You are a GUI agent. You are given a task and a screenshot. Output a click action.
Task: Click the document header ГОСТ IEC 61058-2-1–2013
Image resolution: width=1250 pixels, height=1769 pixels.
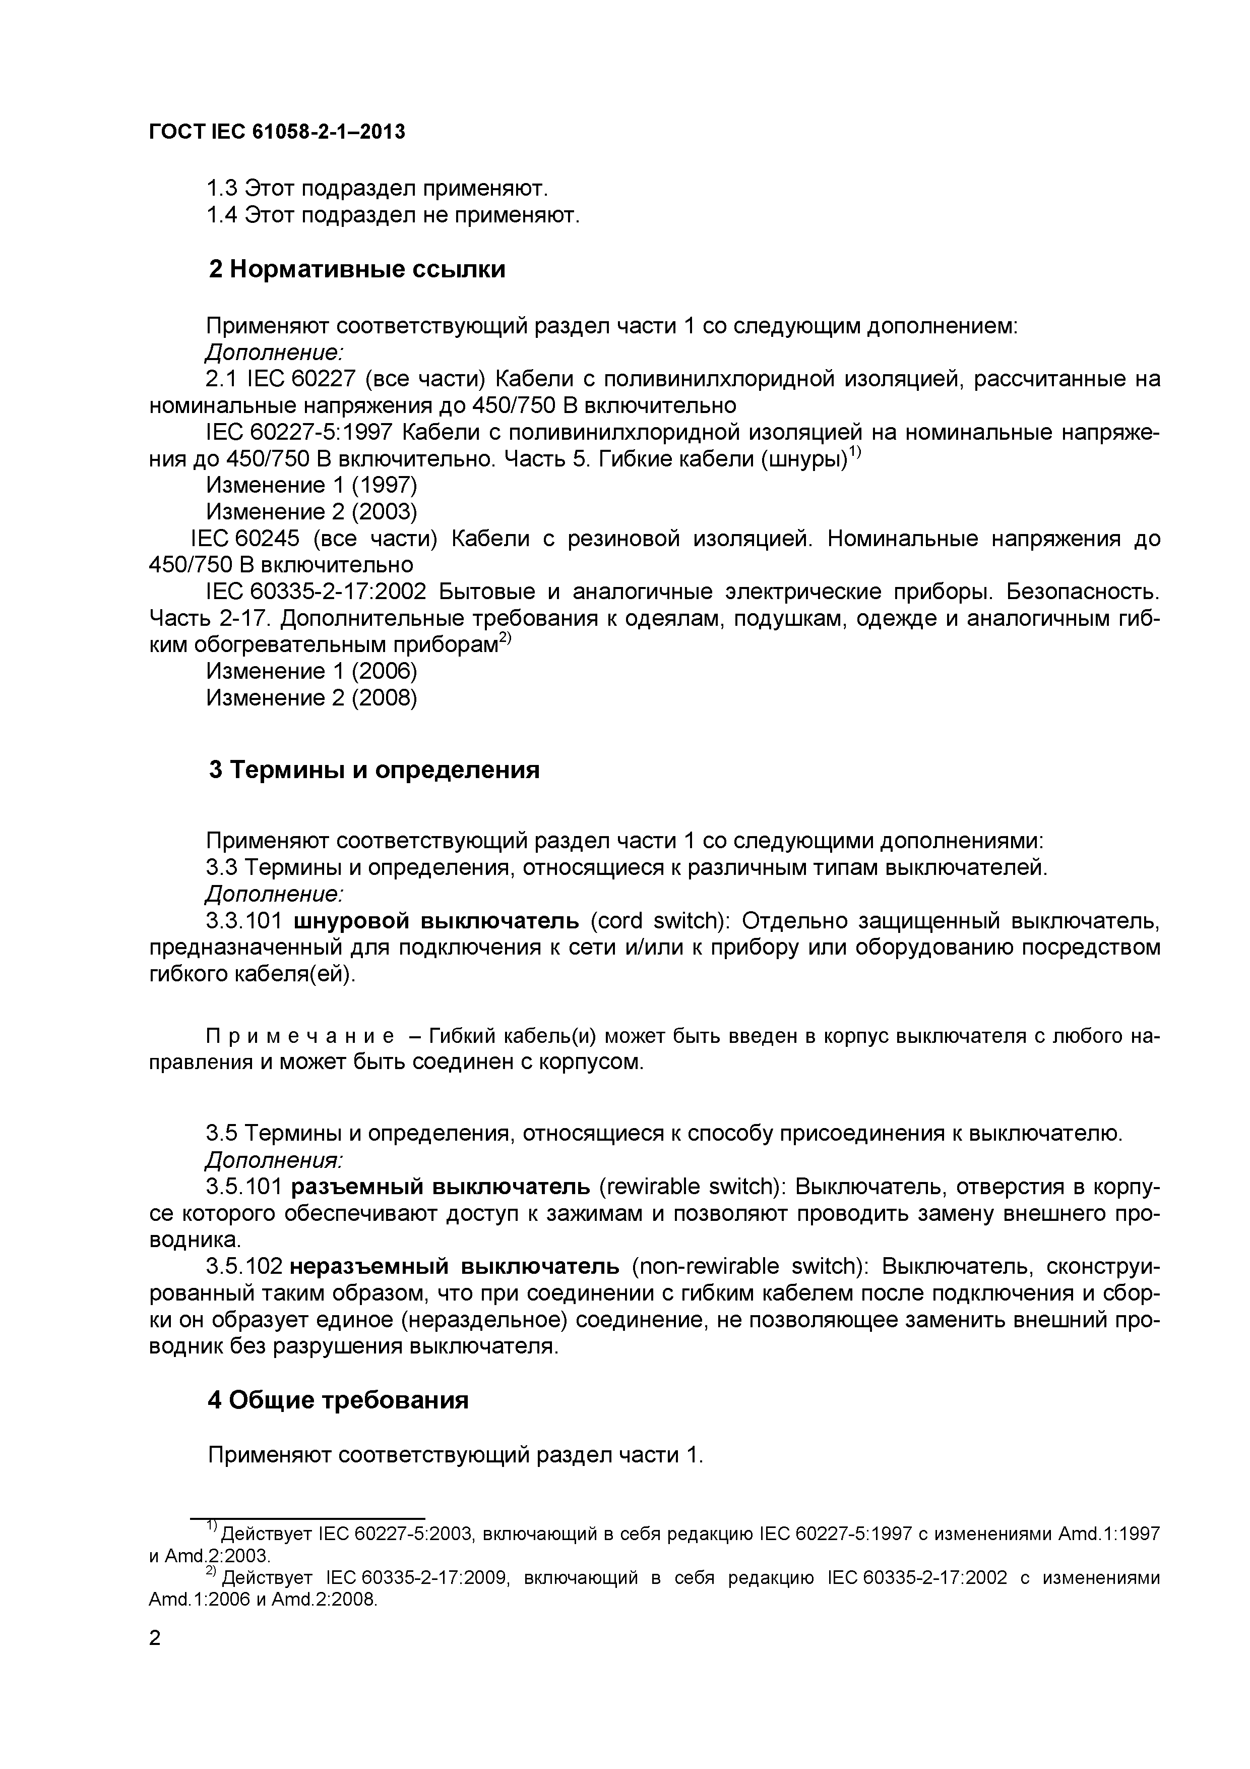[x=277, y=133]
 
